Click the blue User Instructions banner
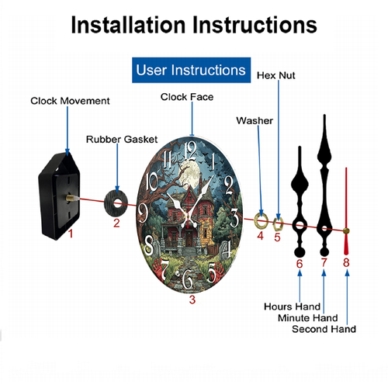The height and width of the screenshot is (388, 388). pyautogui.click(x=191, y=70)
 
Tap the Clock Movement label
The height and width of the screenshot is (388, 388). pyautogui.click(x=70, y=101)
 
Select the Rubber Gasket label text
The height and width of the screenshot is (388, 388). pyautogui.click(x=122, y=140)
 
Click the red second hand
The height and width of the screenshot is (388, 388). pyautogui.click(x=346, y=211)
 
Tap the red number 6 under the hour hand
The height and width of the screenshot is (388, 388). pyautogui.click(x=300, y=264)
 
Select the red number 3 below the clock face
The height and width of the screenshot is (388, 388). pyautogui.click(x=192, y=300)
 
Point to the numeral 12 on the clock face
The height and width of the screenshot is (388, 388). pyautogui.click(x=191, y=151)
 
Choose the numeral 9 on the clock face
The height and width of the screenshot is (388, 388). pyautogui.click(x=143, y=213)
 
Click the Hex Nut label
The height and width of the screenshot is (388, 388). pyautogui.click(x=276, y=75)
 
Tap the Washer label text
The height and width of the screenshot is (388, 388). pyautogui.click(x=255, y=121)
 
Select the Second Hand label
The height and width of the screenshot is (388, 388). pyautogui.click(x=324, y=329)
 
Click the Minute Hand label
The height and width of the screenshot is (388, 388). pyautogui.click(x=308, y=318)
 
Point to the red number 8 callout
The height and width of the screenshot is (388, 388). pyautogui.click(x=346, y=262)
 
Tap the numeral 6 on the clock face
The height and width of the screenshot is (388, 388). pyautogui.click(x=187, y=279)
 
